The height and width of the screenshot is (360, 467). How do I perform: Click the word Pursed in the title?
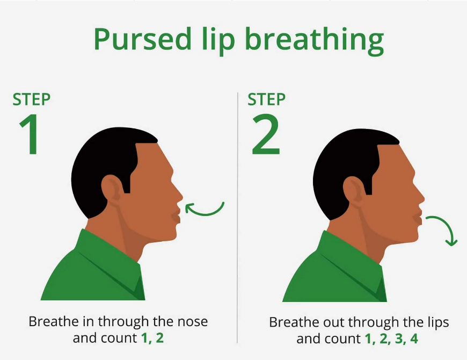[x=142, y=39]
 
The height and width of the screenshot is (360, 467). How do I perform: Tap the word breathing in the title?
[x=315, y=41]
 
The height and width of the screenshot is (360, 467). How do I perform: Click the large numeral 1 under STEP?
[x=29, y=134]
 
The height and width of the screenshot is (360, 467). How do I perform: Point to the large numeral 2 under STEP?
[x=266, y=134]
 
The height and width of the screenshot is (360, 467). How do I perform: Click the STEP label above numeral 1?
[x=31, y=99]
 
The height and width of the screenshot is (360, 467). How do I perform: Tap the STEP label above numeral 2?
[x=266, y=99]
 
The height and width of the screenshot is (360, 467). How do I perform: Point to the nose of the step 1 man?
[x=178, y=197]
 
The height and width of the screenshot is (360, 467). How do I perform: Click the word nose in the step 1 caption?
[x=192, y=321]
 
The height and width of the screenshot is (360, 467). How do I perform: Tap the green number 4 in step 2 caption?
[x=414, y=339]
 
